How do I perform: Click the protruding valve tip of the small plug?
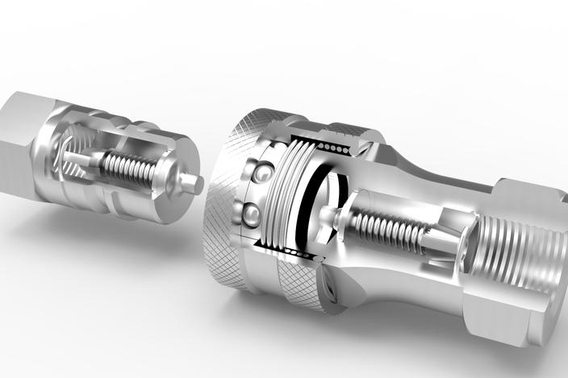[x=192, y=183]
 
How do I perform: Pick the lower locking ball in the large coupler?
[x=252, y=214]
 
